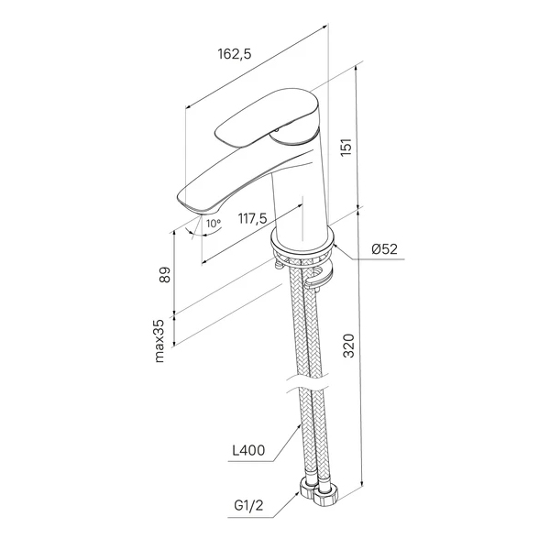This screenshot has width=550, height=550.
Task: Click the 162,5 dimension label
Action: (235, 54)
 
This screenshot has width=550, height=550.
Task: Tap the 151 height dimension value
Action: (346, 148)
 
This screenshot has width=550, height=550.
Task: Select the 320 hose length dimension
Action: (348, 346)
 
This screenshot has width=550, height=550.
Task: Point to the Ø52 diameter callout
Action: (385, 249)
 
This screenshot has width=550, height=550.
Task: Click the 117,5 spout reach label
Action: (253, 218)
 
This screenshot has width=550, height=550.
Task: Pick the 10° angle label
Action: (214, 223)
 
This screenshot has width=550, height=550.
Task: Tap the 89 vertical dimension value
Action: (164, 275)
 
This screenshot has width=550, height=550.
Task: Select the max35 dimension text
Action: (159, 341)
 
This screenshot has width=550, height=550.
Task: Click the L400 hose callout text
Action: (248, 450)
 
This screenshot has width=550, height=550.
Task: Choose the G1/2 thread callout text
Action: (248, 506)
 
